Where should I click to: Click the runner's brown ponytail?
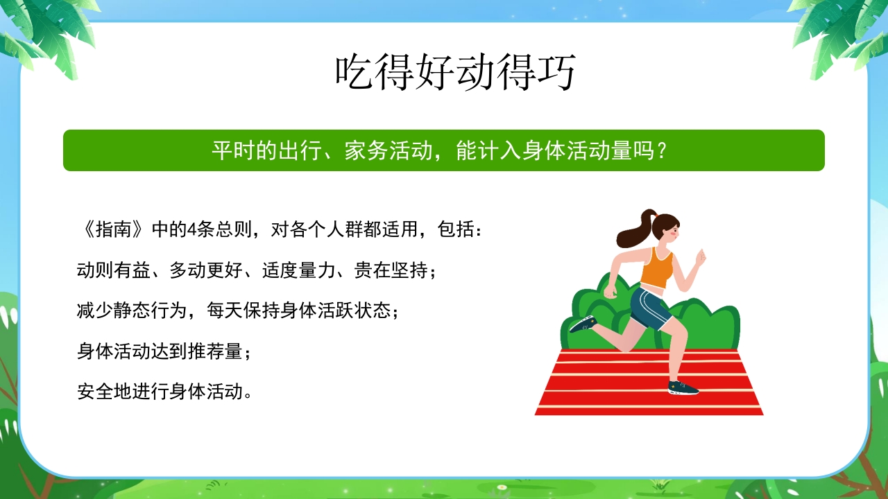(633, 231)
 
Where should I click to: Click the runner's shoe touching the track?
(683, 387)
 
